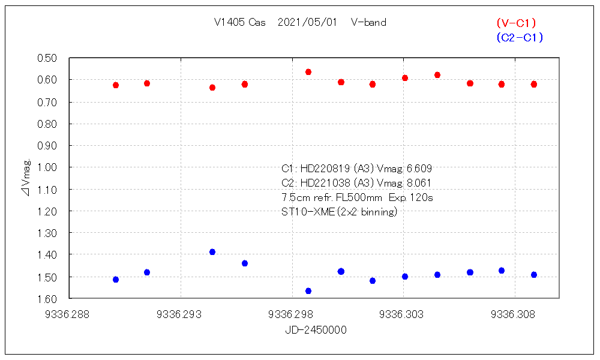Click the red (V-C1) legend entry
tap(516, 23)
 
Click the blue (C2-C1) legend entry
tap(520, 37)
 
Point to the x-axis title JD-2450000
tap(316, 330)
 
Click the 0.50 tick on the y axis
tap(47, 58)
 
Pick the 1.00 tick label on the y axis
tap(47, 167)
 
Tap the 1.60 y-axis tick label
tap(47, 299)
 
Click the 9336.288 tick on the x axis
tap(70, 313)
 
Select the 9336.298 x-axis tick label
tap(292, 313)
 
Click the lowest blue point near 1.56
tap(308, 291)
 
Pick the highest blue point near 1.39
tap(212, 252)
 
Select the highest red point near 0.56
tap(308, 72)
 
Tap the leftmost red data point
tap(116, 85)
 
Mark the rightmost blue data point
tap(534, 275)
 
